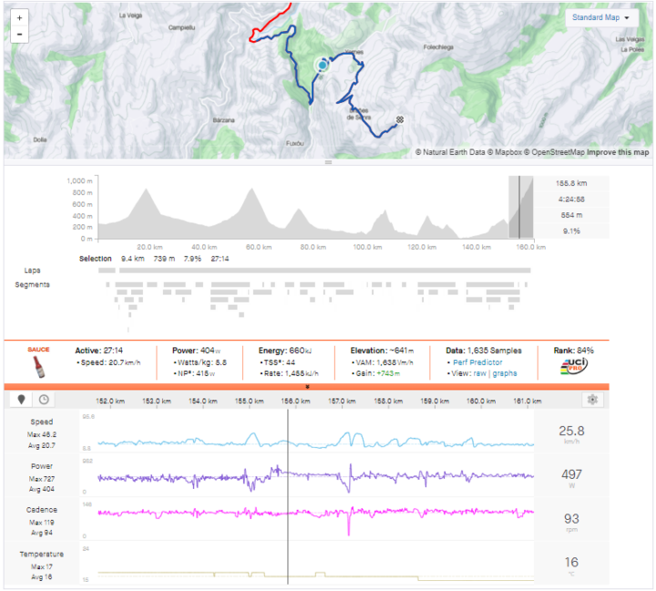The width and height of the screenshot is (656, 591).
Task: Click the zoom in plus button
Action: [x=18, y=17]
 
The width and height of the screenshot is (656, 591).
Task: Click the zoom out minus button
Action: [x=18, y=35]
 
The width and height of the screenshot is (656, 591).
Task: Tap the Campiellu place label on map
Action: [x=183, y=27]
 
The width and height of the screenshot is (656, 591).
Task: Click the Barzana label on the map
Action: [x=224, y=120]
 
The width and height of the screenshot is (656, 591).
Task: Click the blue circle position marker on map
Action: [x=322, y=66]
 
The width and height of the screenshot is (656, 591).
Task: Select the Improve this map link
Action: [x=618, y=152]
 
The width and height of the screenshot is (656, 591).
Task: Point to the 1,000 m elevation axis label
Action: [x=80, y=181]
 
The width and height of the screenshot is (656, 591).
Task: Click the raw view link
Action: [x=479, y=374]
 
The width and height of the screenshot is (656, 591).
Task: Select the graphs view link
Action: [x=505, y=374]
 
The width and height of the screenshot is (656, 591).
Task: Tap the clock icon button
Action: [x=43, y=399]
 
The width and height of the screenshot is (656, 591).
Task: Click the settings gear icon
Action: [x=593, y=399]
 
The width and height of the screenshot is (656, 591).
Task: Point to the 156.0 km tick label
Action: [x=292, y=400]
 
